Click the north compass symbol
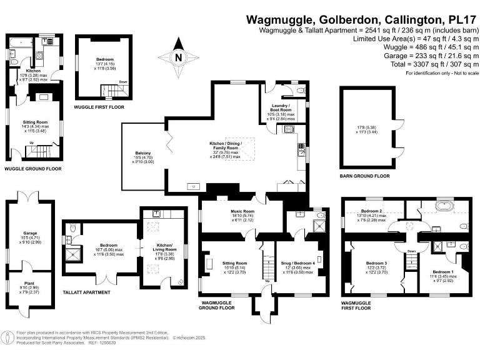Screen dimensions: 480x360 (179, 57)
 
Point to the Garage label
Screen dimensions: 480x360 (31, 233)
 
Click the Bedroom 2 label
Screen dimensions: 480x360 (371, 211)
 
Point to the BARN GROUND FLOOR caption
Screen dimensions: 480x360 (364, 176)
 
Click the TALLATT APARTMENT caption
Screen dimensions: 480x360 (87, 292)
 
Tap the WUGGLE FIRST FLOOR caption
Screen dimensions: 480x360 (99, 107)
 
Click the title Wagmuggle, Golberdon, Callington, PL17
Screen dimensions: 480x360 (360, 19)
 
